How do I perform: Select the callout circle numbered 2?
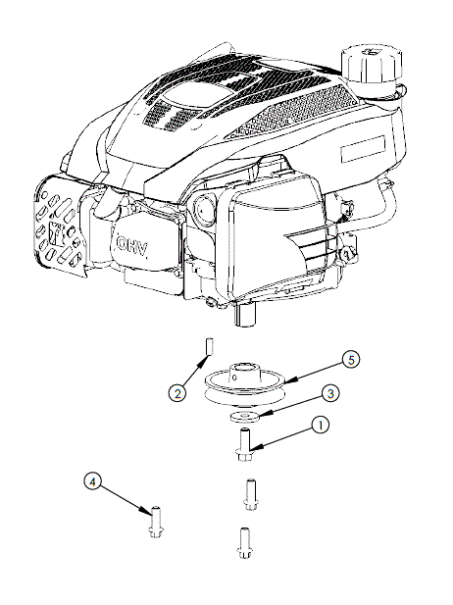[x=177, y=394]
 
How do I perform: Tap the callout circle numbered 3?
[x=331, y=392]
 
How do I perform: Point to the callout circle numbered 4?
[x=91, y=481]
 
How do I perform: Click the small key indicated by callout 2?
[x=209, y=346]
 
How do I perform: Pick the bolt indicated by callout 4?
[x=154, y=520]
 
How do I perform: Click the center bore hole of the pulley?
[x=243, y=371]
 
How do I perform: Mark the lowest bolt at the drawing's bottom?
[x=244, y=542]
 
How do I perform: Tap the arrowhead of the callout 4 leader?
[x=148, y=509]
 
